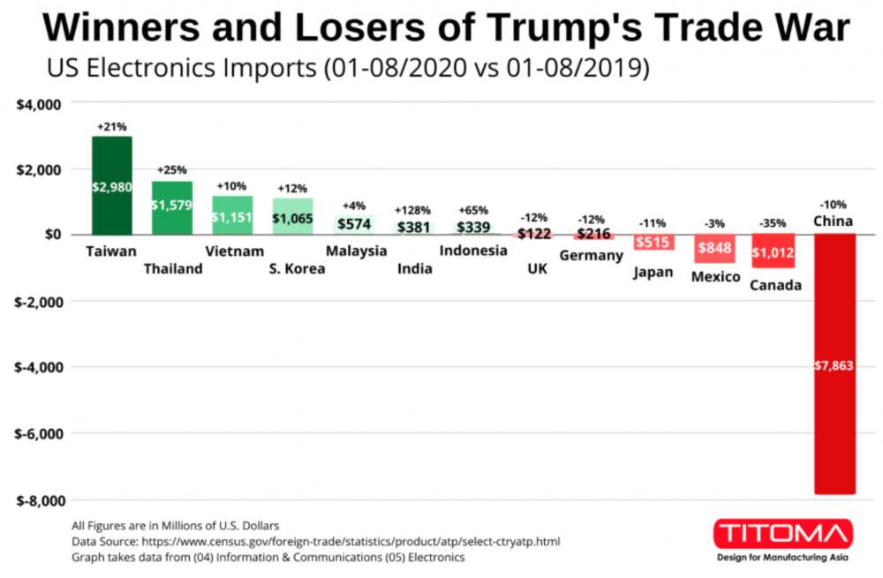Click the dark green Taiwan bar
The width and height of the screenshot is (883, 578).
(112, 185)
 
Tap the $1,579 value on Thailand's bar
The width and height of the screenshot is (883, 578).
(171, 205)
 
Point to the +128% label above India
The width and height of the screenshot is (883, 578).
(412, 210)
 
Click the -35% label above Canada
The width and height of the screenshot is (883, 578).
(773, 223)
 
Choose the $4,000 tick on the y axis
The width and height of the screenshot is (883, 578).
(38, 104)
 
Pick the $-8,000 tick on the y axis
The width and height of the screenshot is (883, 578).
(38, 500)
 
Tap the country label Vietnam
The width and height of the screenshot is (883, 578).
(234, 251)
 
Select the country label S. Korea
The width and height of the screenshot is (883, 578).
(297, 269)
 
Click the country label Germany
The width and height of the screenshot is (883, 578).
(592, 256)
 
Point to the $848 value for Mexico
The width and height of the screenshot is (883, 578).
(713, 248)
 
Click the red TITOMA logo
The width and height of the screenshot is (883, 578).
(782, 534)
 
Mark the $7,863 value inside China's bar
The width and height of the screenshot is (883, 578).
(833, 365)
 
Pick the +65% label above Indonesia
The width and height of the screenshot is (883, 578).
(472, 210)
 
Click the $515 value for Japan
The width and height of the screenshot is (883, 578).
(653, 242)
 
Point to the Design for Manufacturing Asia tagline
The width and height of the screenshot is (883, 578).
(782, 558)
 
